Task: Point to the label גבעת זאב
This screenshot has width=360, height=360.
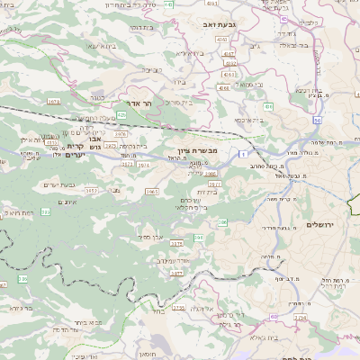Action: tap(212, 15)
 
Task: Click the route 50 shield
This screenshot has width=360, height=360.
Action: tap(317, 120)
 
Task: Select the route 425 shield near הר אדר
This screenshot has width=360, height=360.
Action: tap(120, 115)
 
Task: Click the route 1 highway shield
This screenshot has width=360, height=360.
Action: tap(244, 157)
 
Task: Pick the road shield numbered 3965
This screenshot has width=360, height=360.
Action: tap(151, 192)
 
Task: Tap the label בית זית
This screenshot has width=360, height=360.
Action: tap(208, 191)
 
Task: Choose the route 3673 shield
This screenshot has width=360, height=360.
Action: tap(53, 102)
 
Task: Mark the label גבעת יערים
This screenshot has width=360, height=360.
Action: tap(58, 184)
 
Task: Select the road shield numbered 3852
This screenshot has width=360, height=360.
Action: tap(91, 191)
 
